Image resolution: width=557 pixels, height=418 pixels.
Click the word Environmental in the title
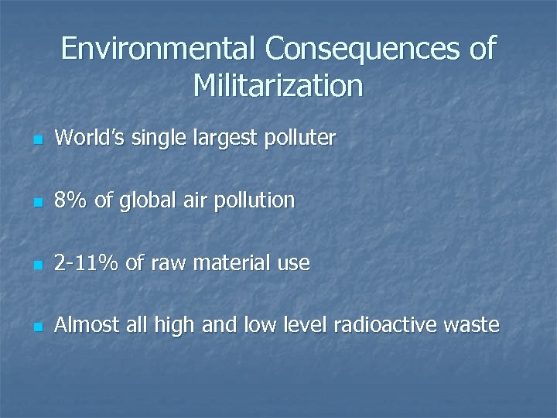(x=159, y=50)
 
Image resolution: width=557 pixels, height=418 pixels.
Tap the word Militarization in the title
(x=278, y=85)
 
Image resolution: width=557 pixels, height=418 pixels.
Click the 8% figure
(x=72, y=200)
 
